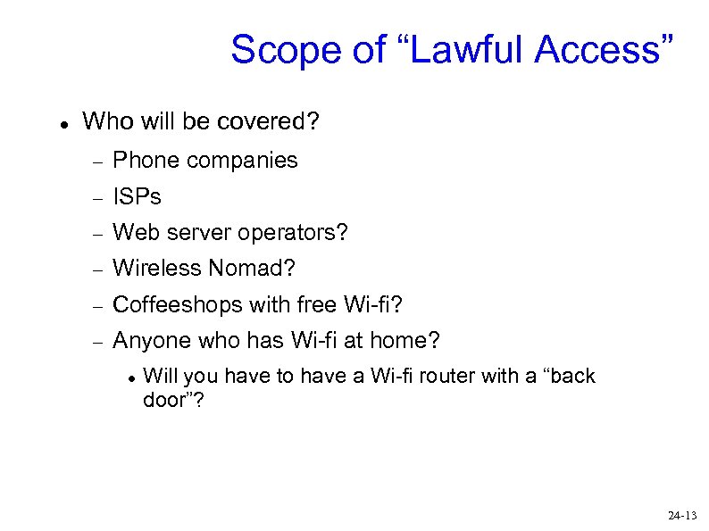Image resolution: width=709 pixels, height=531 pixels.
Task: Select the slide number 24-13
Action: coord(681,516)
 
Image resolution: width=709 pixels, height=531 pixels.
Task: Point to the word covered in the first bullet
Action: coord(272,120)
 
